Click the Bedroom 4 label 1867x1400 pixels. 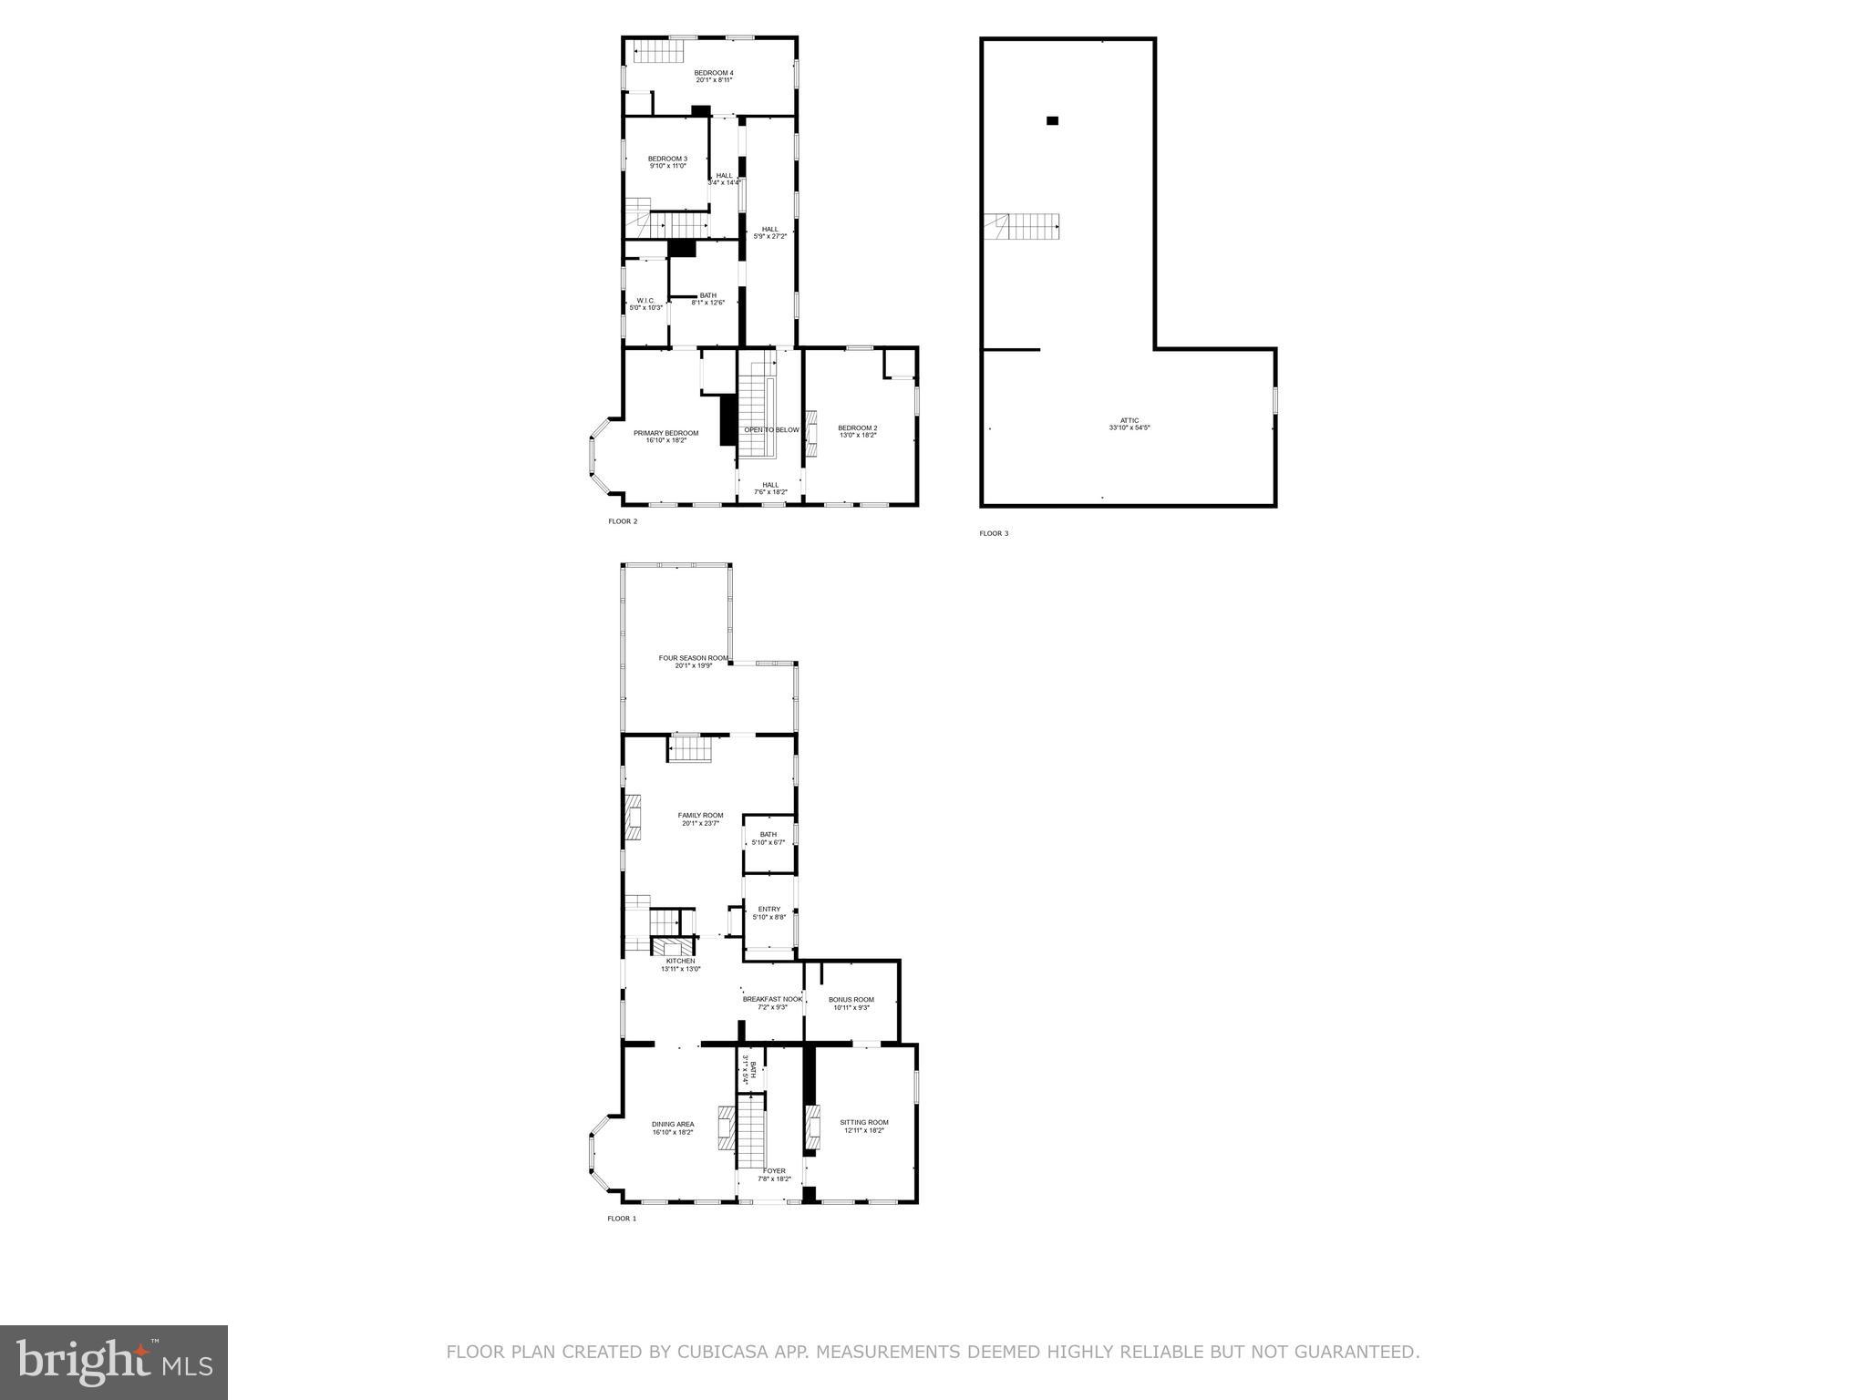coord(713,77)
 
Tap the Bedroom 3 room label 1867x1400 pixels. coord(667,162)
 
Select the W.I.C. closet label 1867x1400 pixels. coord(645,304)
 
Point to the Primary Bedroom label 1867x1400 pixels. coord(665,437)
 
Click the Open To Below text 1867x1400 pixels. coord(771,430)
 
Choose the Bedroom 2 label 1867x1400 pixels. coord(857,431)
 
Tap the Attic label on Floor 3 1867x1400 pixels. coord(1129,424)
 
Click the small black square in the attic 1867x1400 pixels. coord(1052,120)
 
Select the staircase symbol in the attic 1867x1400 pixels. coord(1022,225)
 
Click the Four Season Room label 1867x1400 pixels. coord(693,661)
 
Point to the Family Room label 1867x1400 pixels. coord(700,818)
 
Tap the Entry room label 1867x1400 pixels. coord(768,912)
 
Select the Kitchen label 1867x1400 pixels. coord(680,964)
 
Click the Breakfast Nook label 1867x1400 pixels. coord(771,1003)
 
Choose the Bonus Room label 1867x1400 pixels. coord(851,1003)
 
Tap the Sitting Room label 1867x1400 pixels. coord(863,1126)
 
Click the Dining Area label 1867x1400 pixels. coord(673,1127)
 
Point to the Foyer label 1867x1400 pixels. coord(773,1174)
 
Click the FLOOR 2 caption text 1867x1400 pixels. coord(623,521)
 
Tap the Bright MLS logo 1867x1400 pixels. coord(114,1362)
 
